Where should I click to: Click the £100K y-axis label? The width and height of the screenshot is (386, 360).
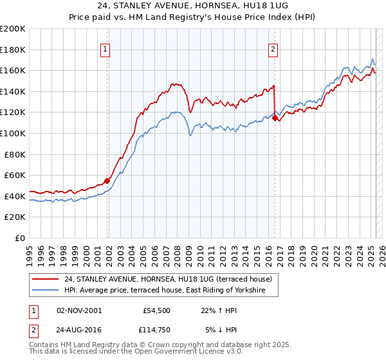[x=13, y=133]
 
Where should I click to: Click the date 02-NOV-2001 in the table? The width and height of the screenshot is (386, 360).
[x=79, y=310]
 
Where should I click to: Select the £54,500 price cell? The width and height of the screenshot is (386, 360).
[x=156, y=310]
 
